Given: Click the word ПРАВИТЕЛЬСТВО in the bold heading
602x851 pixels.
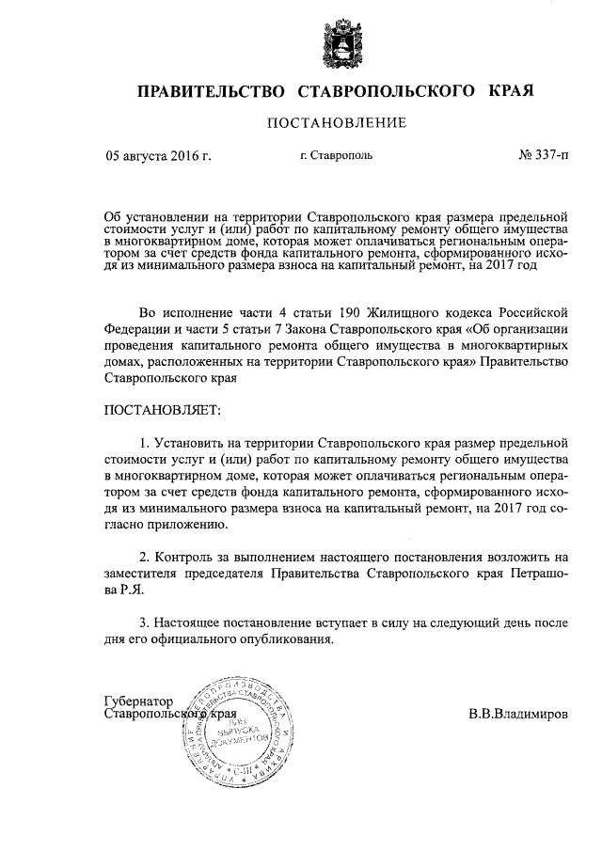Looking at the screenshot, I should pyautogui.click(x=212, y=91).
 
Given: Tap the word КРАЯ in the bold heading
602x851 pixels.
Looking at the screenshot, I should pyautogui.click(x=511, y=91).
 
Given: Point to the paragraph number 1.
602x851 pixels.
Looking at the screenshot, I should pyautogui.click(x=144, y=441).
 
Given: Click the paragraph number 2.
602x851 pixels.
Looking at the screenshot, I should pyautogui.click(x=144, y=559).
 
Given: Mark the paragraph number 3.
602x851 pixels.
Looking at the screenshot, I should pyautogui.click(x=144, y=622).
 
